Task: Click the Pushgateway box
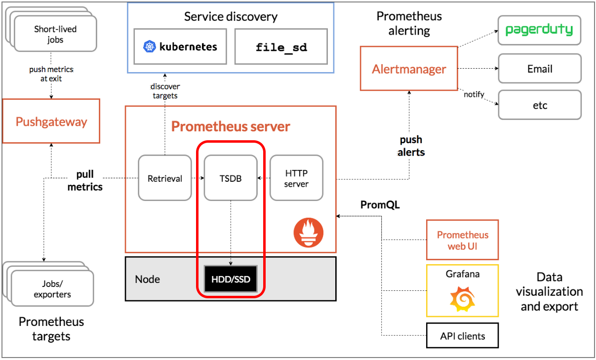(x=51, y=121)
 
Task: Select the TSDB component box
(x=231, y=178)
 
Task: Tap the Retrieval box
(x=165, y=178)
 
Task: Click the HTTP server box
(x=296, y=178)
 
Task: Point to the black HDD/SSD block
(x=231, y=279)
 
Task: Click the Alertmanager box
(x=409, y=69)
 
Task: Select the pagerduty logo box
(x=539, y=30)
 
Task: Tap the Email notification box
(x=540, y=69)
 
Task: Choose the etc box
(x=540, y=105)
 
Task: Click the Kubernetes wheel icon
(x=150, y=46)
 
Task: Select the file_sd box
(x=281, y=46)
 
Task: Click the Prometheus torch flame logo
(x=309, y=233)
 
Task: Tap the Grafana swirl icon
(x=463, y=299)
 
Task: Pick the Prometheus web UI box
(x=463, y=240)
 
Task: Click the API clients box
(x=463, y=335)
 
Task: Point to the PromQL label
(x=380, y=204)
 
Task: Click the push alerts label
(x=411, y=146)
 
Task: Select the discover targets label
(x=165, y=91)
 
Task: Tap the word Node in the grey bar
(x=148, y=279)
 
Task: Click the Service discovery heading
(x=231, y=16)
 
